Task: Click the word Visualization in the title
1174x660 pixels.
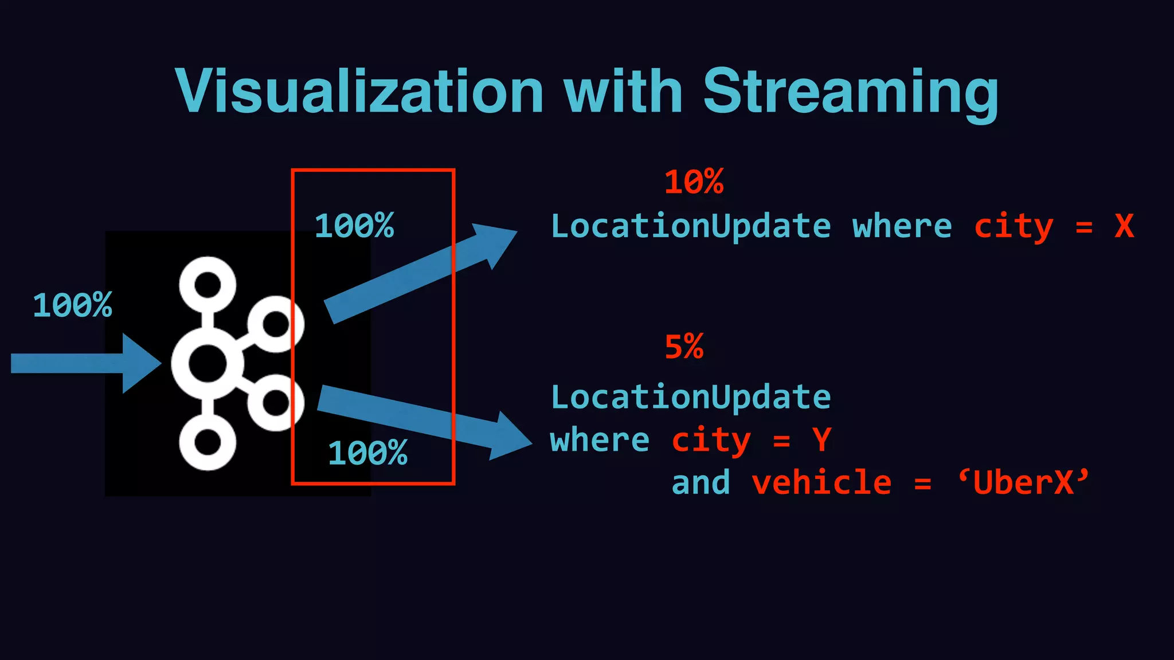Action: pos(359,92)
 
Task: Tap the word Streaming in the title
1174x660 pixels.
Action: pos(851,93)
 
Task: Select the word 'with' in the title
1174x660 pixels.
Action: pos(623,92)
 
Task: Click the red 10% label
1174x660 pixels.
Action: pos(694,182)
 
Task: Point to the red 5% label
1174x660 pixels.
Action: pos(684,347)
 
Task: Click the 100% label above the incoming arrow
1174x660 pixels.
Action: pos(72,305)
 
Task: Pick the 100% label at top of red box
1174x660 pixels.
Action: pos(354,225)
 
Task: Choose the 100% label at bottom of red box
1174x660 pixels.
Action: pos(367,453)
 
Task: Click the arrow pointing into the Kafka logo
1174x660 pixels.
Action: pos(86,363)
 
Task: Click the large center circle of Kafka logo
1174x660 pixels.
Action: pos(208,363)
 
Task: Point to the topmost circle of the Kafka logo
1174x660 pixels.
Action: pos(208,285)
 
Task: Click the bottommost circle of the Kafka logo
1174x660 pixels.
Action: pos(208,442)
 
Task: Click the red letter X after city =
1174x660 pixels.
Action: pos(1124,226)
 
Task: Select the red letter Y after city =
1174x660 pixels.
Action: pos(821,440)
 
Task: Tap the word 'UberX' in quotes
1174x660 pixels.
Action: pos(1023,482)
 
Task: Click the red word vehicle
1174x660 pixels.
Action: pos(821,482)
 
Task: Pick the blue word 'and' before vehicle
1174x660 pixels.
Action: pos(701,482)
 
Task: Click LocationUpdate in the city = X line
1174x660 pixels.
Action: pos(691,226)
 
